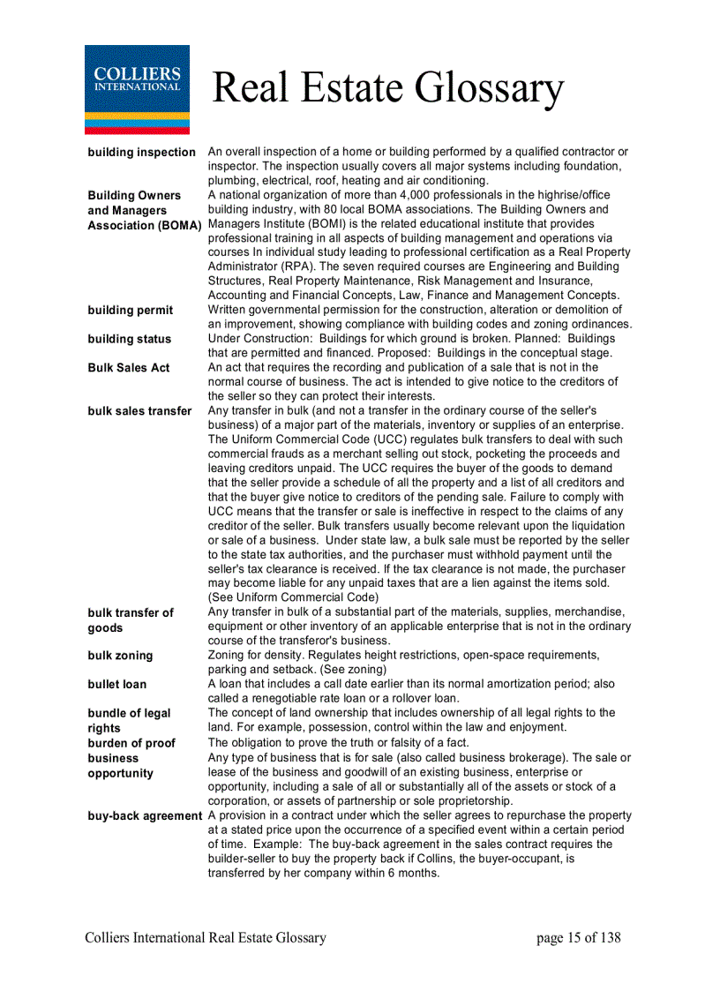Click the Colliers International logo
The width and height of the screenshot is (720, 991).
[x=137, y=89]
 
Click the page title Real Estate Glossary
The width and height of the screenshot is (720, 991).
[x=387, y=88]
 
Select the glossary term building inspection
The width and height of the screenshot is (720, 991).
[x=141, y=153]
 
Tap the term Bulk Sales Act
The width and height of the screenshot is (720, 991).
[x=129, y=368]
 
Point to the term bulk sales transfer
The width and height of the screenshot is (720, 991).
[x=139, y=411]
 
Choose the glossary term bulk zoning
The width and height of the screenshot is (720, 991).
[x=120, y=656]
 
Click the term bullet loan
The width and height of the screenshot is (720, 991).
[x=117, y=685]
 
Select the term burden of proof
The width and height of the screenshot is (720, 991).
[x=131, y=743]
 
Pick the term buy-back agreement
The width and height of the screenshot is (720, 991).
[x=145, y=816]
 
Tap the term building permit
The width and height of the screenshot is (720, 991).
[x=131, y=311]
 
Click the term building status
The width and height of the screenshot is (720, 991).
[x=130, y=339]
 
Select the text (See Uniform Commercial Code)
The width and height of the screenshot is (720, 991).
[x=293, y=597]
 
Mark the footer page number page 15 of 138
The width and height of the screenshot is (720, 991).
[x=578, y=938]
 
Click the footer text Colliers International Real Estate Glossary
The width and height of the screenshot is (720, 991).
[x=206, y=938]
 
